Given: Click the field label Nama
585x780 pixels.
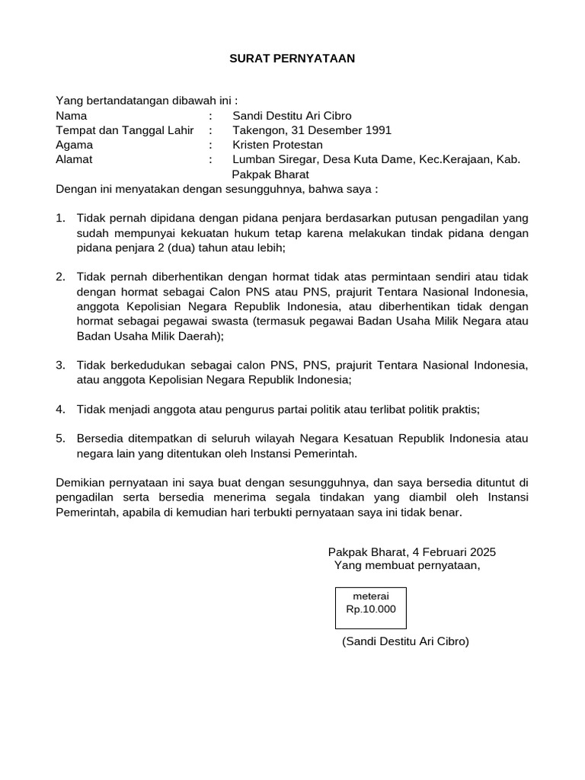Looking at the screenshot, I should tap(72, 116).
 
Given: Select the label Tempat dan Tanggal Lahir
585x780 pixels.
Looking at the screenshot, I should tap(124, 130).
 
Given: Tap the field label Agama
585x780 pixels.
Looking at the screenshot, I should tap(75, 145).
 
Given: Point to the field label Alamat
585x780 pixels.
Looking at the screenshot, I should tap(74, 159).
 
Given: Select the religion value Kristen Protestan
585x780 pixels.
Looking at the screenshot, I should tap(277, 145).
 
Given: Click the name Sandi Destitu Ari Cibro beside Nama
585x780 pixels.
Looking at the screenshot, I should tap(292, 116).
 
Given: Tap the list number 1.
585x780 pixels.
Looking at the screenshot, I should tap(60, 218).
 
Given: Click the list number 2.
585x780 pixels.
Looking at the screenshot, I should tap(60, 277).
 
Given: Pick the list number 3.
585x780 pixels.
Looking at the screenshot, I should tap(60, 364).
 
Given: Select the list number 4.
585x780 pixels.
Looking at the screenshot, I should tap(60, 409).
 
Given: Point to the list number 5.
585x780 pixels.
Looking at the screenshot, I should tap(60, 438).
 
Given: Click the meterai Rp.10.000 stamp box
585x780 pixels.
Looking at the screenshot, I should tap(371, 603).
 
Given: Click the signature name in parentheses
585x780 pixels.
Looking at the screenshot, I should tap(405, 641).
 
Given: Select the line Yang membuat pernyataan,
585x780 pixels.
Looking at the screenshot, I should tap(407, 565).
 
